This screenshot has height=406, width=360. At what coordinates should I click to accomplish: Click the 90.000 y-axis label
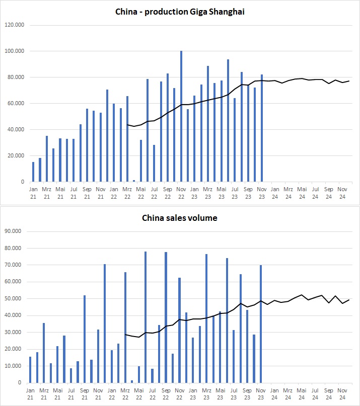pyautogui.click(x=17, y=231)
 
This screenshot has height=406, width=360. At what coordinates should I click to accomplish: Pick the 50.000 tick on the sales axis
pyautogui.click(x=17, y=299)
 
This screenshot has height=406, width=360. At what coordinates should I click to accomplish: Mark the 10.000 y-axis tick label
pyautogui.click(x=17, y=366)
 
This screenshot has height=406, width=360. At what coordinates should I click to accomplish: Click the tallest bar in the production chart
pyautogui.click(x=181, y=116)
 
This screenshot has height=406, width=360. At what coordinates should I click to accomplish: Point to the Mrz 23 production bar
pyautogui.click(x=208, y=123)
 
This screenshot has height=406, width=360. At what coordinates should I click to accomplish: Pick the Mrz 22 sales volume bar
pyautogui.click(x=125, y=328)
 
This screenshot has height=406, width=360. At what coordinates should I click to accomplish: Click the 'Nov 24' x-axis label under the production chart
pyautogui.click(x=342, y=193)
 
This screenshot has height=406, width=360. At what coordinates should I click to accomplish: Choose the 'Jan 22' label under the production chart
pyautogui.click(x=114, y=193)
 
